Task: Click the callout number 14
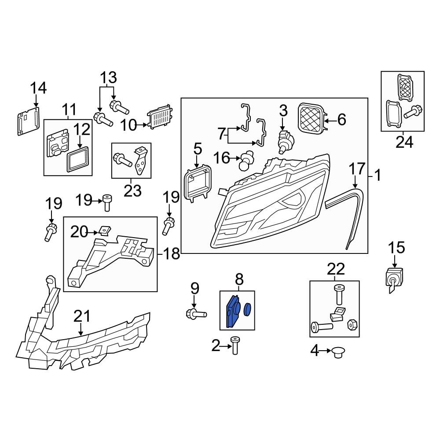tap(38, 88)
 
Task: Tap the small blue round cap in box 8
tap(247, 309)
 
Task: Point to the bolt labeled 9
tap(196, 313)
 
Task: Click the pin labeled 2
tap(235, 345)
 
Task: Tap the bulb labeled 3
tap(286, 141)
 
